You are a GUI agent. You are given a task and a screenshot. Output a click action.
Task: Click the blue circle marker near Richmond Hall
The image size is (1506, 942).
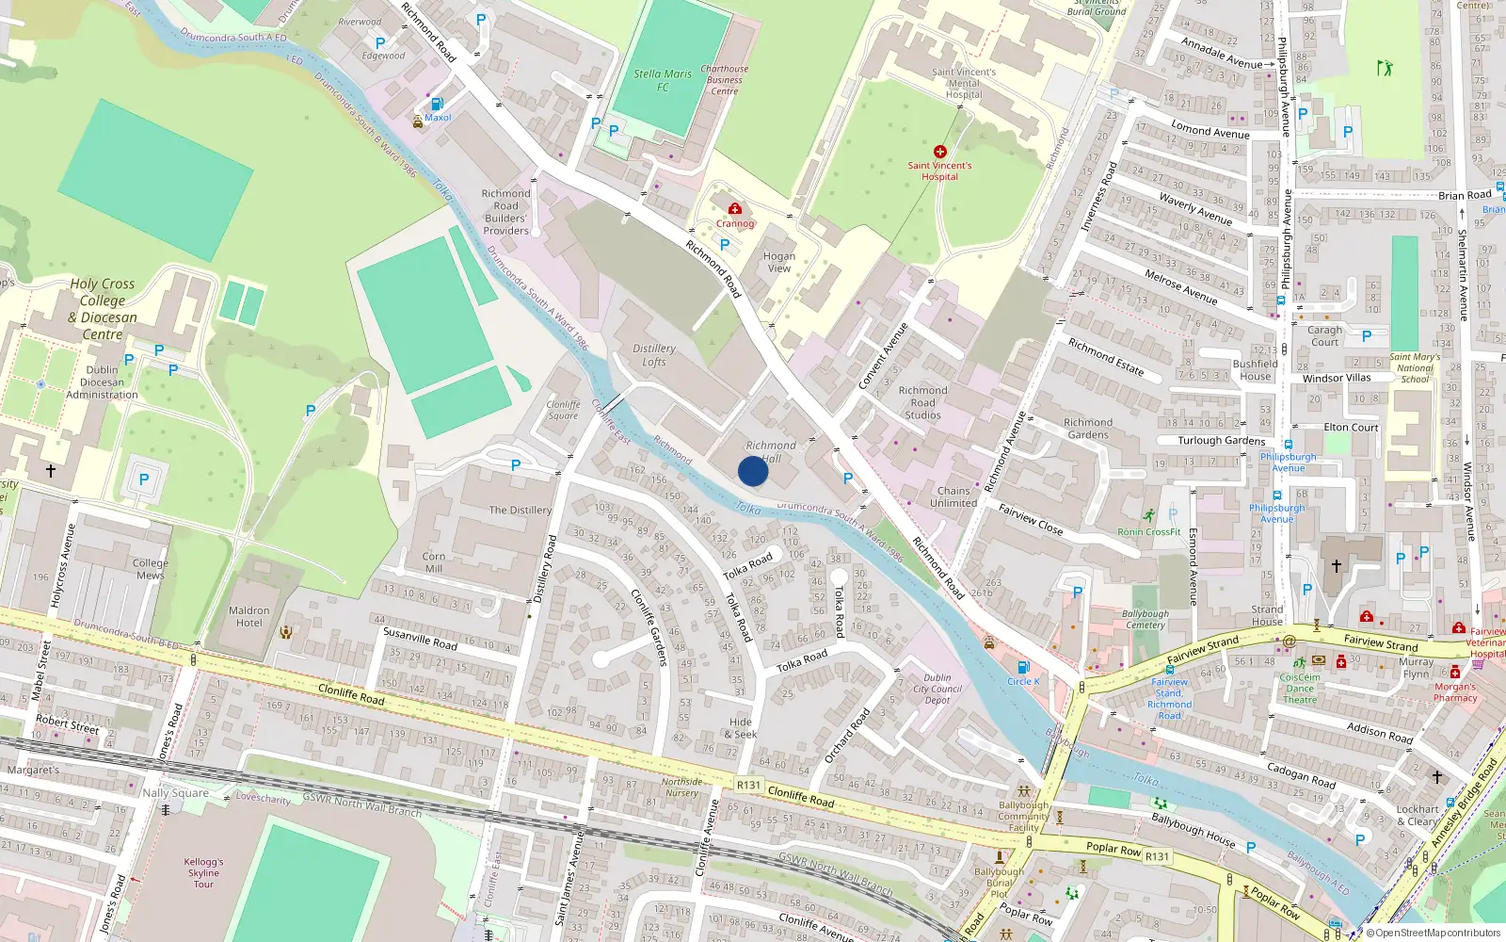pyautogui.click(x=753, y=471)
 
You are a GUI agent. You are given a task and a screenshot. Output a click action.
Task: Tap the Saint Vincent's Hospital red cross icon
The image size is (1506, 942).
pyautogui.click(x=939, y=152)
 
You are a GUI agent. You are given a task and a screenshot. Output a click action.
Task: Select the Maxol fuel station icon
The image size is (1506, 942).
pyautogui.click(x=437, y=105)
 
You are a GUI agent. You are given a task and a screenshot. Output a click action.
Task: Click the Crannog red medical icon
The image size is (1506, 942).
pyautogui.click(x=735, y=208)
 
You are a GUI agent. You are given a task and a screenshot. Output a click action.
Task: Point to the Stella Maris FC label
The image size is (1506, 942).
pyautogui.click(x=663, y=80)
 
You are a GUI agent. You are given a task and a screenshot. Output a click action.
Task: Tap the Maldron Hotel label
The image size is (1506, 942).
pyautogui.click(x=249, y=617)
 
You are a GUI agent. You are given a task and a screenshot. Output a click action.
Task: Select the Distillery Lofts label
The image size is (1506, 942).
pyautogui.click(x=654, y=355)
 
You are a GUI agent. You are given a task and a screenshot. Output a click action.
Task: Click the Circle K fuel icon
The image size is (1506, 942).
pyautogui.click(x=1023, y=668)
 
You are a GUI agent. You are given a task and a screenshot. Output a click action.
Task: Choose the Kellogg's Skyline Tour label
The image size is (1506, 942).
pyautogui.click(x=203, y=873)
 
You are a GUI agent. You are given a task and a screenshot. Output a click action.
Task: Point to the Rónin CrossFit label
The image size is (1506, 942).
pyautogui.click(x=1149, y=531)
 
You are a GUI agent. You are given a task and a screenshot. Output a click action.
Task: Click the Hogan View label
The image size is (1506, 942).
pyautogui.click(x=779, y=262)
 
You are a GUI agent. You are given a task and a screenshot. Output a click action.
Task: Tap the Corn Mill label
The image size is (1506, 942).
pyautogui.click(x=434, y=562)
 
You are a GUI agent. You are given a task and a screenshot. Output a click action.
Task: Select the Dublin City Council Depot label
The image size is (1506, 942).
pyautogui.click(x=937, y=689)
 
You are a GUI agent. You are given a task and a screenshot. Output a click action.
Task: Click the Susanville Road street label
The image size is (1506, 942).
pyautogui.click(x=420, y=639)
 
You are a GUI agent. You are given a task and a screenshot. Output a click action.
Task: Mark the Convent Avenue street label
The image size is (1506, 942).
pyautogui.click(x=883, y=356)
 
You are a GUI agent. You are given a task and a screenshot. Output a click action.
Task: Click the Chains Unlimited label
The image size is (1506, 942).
pyautogui.click(x=953, y=496)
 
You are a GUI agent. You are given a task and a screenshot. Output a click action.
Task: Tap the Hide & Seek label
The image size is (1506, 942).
pyautogui.click(x=741, y=728)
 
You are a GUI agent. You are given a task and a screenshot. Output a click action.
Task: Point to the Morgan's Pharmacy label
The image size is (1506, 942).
pyautogui.click(x=1455, y=692)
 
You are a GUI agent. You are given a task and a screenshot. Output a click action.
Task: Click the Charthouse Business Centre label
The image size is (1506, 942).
pyautogui.click(x=725, y=80)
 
